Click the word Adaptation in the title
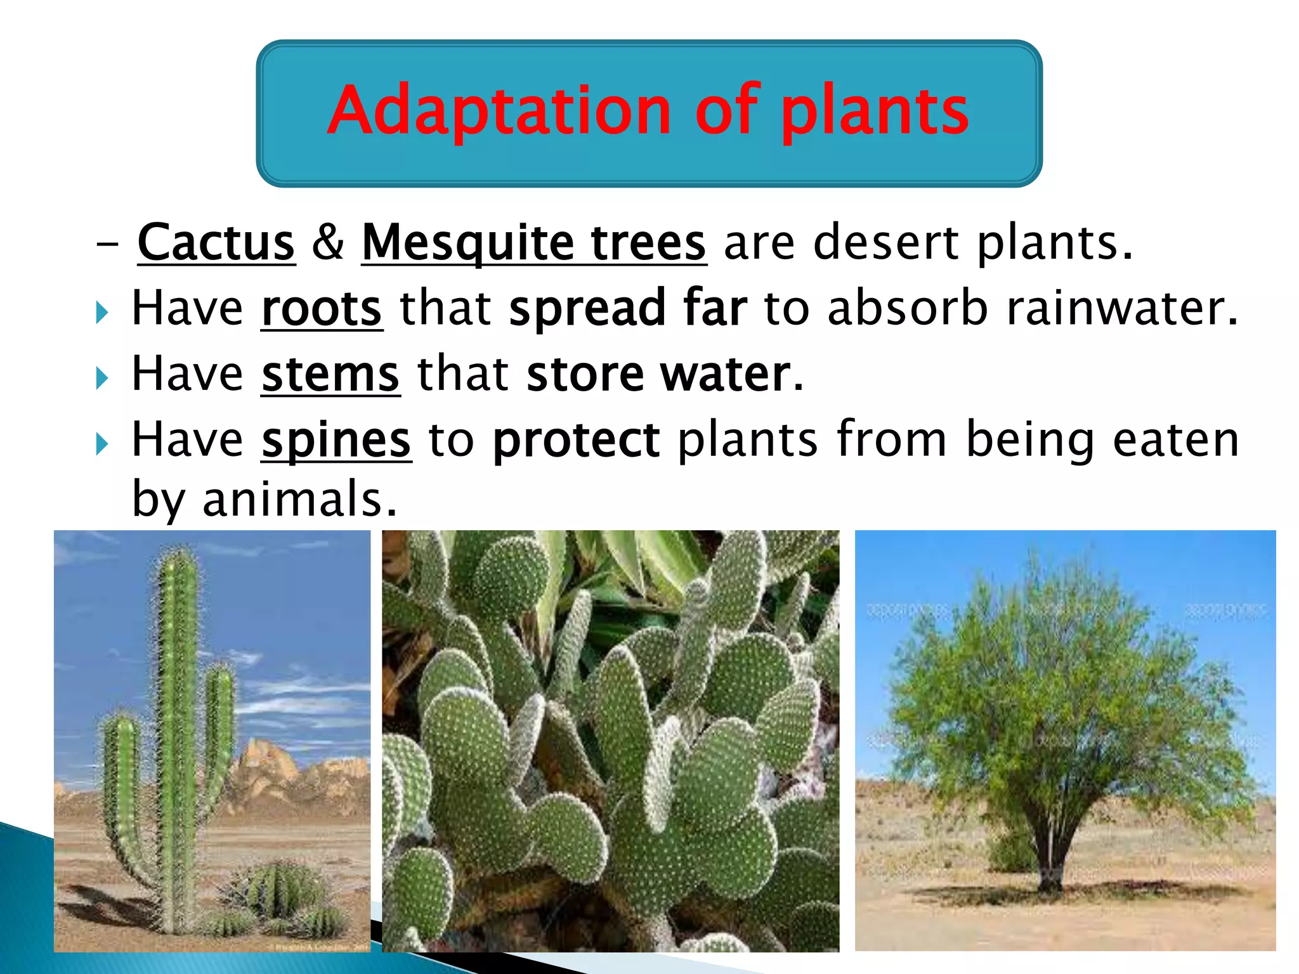(x=499, y=111)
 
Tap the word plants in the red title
(x=875, y=111)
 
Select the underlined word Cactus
(x=216, y=243)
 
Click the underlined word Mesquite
(x=467, y=243)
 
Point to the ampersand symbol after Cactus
(x=328, y=243)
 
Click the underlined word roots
(x=322, y=309)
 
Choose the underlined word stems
(x=330, y=375)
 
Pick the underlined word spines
(x=336, y=440)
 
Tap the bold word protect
(x=576, y=440)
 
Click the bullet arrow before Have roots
(x=101, y=312)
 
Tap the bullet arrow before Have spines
(x=101, y=443)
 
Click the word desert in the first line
(x=885, y=243)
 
